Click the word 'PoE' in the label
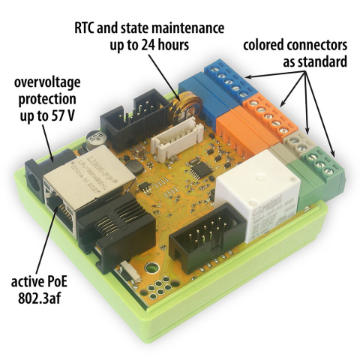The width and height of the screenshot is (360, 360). tap(68, 283)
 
